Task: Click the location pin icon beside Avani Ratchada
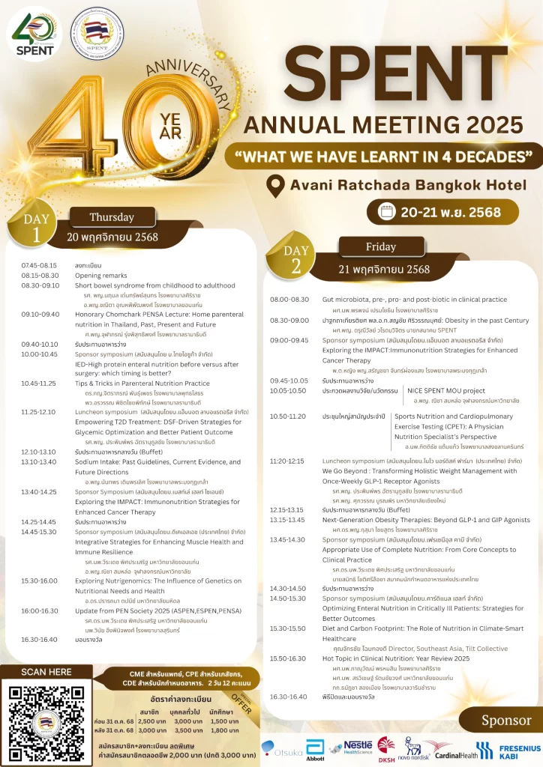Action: tap(277, 184)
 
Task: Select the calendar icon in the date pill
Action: tap(387, 212)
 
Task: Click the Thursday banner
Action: tap(112, 217)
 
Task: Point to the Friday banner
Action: tap(380, 246)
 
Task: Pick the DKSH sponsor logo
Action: tap(385, 748)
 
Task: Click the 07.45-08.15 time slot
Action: tap(39, 266)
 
